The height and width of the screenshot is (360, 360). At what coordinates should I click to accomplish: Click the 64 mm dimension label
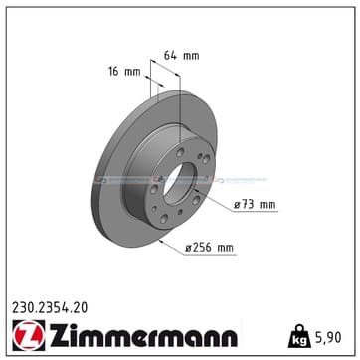click(182, 56)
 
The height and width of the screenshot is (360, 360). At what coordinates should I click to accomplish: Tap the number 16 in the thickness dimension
click(114, 72)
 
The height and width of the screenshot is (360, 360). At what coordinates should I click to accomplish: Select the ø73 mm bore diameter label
click(255, 205)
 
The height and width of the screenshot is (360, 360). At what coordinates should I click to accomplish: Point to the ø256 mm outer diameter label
click(209, 248)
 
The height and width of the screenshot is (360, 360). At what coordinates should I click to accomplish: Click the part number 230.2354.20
click(50, 308)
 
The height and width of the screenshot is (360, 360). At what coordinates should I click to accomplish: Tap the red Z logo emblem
click(29, 335)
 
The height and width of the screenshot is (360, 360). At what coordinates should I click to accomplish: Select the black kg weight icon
click(299, 336)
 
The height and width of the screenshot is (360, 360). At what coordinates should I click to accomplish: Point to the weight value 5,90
click(327, 337)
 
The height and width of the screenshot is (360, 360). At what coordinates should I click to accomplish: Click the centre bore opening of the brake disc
click(179, 183)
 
